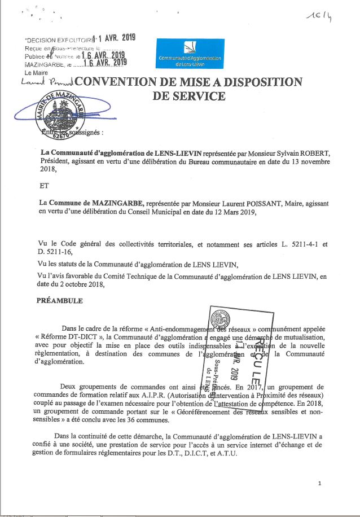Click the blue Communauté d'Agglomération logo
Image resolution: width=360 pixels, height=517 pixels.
pyautogui.click(x=190, y=55)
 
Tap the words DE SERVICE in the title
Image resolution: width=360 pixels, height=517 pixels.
pyautogui.click(x=189, y=96)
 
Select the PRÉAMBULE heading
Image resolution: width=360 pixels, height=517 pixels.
pyautogui.click(x=60, y=301)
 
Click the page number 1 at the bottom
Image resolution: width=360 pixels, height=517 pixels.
pyautogui.click(x=319, y=483)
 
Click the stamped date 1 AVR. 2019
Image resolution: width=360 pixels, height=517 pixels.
pyautogui.click(x=117, y=38)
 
